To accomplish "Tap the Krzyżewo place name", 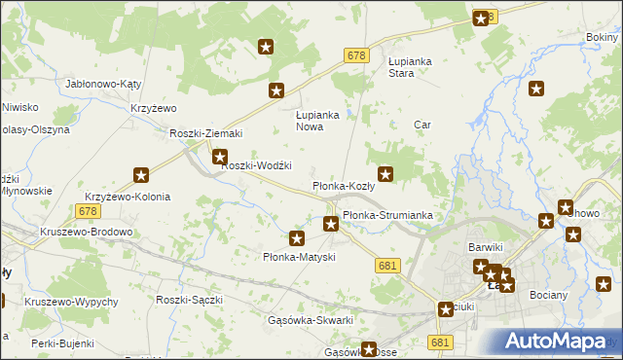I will pos(152,108).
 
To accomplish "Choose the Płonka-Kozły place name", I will pos(343,185).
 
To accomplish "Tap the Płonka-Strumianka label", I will pos(386,215).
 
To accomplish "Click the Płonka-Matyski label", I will pos(300,257).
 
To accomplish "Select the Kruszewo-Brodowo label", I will pos(86,233).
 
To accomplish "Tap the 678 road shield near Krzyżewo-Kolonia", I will pos(88,211).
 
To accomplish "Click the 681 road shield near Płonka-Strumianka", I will pos(387,266).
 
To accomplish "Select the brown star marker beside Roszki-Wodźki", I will pos(221,156).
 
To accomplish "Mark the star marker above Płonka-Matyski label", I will pos(298,237).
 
